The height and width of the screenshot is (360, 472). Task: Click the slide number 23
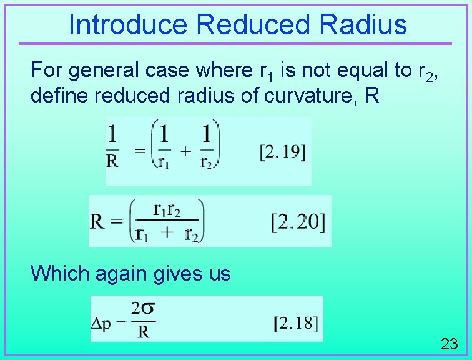pyautogui.click(x=450, y=344)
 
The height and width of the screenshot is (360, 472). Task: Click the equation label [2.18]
pyautogui.click(x=297, y=323)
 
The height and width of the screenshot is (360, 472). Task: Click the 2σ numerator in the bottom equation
pyautogui.click(x=143, y=309)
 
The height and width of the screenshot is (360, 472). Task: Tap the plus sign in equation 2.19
pyautogui.click(x=186, y=151)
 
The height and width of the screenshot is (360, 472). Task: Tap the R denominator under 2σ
pyautogui.click(x=143, y=332)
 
